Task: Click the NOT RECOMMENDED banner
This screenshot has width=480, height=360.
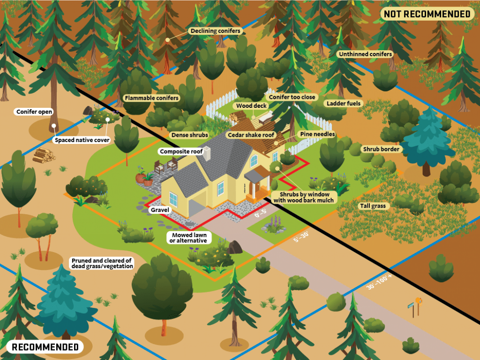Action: pyautogui.click(x=427, y=14)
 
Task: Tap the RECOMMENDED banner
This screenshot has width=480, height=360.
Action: pyautogui.click(x=45, y=347)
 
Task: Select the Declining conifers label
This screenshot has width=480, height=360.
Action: pyautogui.click(x=215, y=31)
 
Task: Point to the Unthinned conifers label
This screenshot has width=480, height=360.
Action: pyautogui.click(x=365, y=54)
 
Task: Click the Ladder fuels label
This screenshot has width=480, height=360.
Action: pyautogui.click(x=344, y=104)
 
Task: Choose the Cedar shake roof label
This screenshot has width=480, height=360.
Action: pyautogui.click(x=251, y=135)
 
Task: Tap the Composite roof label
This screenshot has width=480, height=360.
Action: pyautogui.click(x=181, y=151)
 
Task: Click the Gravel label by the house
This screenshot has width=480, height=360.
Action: pyautogui.click(x=160, y=210)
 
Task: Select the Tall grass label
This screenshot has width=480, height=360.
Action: pyautogui.click(x=373, y=206)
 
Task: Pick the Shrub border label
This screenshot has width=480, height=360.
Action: pyautogui.click(x=381, y=149)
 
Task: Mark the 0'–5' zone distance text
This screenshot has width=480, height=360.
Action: pyautogui.click(x=261, y=213)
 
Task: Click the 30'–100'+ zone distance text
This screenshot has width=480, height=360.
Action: pyautogui.click(x=379, y=282)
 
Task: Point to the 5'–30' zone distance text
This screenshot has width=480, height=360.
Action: pyautogui.click(x=301, y=237)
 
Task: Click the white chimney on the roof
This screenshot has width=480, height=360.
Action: pyautogui.click(x=207, y=154)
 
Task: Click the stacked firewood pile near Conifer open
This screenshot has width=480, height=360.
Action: pyautogui.click(x=44, y=155)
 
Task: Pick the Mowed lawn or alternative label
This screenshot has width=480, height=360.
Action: pyautogui.click(x=189, y=238)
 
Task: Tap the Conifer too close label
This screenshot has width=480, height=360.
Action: pyautogui.click(x=292, y=97)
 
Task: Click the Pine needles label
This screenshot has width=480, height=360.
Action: pyautogui.click(x=317, y=134)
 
